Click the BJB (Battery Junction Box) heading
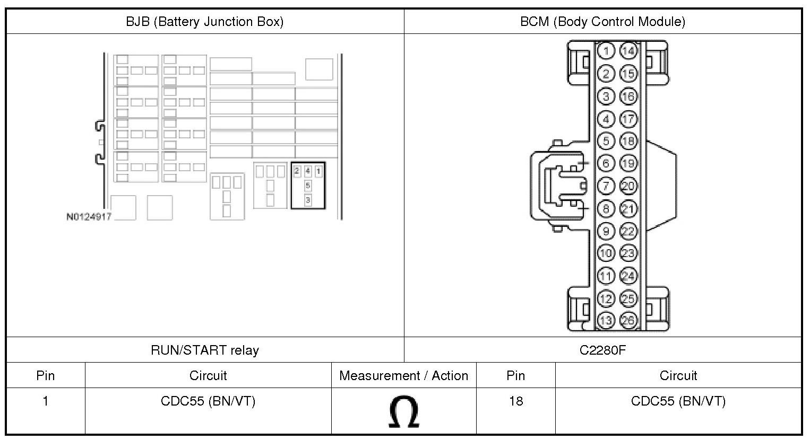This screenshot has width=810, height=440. pyautogui.click(x=204, y=22)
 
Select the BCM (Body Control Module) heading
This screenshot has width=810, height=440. pyautogui.click(x=602, y=22)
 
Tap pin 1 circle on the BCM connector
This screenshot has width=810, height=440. pyautogui.click(x=606, y=51)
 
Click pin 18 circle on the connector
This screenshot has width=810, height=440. pyautogui.click(x=628, y=141)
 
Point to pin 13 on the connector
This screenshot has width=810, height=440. pyautogui.click(x=606, y=320)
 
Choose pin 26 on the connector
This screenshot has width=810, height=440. pyautogui.click(x=628, y=320)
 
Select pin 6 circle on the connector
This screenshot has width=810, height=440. pyautogui.click(x=606, y=163)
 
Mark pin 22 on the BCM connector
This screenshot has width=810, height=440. pyautogui.click(x=628, y=231)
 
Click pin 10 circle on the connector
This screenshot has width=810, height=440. pyautogui.click(x=606, y=253)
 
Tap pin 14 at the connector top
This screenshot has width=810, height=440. pyautogui.click(x=628, y=51)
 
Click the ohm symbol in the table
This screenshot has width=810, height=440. pyautogui.click(x=403, y=412)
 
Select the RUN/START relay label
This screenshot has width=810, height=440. pyautogui.click(x=205, y=350)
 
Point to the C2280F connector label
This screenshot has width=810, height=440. pyautogui.click(x=602, y=350)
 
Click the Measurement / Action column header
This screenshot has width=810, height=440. pyautogui.click(x=403, y=376)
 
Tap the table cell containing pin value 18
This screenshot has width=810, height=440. pyautogui.click(x=515, y=401)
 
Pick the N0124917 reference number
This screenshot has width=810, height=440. pyautogui.click(x=89, y=217)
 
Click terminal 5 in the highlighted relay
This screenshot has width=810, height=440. pyautogui.click(x=308, y=186)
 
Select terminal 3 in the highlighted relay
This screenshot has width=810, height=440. pyautogui.click(x=308, y=200)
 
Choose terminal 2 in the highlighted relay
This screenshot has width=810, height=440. pyautogui.click(x=297, y=171)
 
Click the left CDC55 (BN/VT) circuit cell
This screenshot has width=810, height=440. pyautogui.click(x=208, y=401)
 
